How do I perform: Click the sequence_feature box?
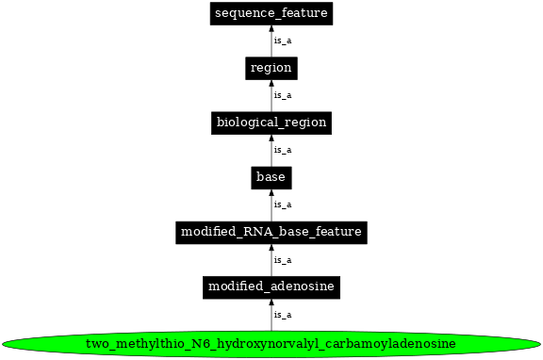click(271, 13)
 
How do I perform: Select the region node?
click(271, 68)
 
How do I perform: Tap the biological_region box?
click(271, 123)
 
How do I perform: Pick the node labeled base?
click(271, 176)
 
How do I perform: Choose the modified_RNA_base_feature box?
click(271, 231)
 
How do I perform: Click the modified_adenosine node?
click(271, 286)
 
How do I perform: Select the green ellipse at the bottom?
click(271, 343)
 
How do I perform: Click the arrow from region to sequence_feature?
click(271, 41)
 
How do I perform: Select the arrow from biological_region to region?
click(271, 95)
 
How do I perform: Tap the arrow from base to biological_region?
click(271, 150)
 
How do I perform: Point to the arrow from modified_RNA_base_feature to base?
click(271, 205)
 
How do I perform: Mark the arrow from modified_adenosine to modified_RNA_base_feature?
click(271, 259)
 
